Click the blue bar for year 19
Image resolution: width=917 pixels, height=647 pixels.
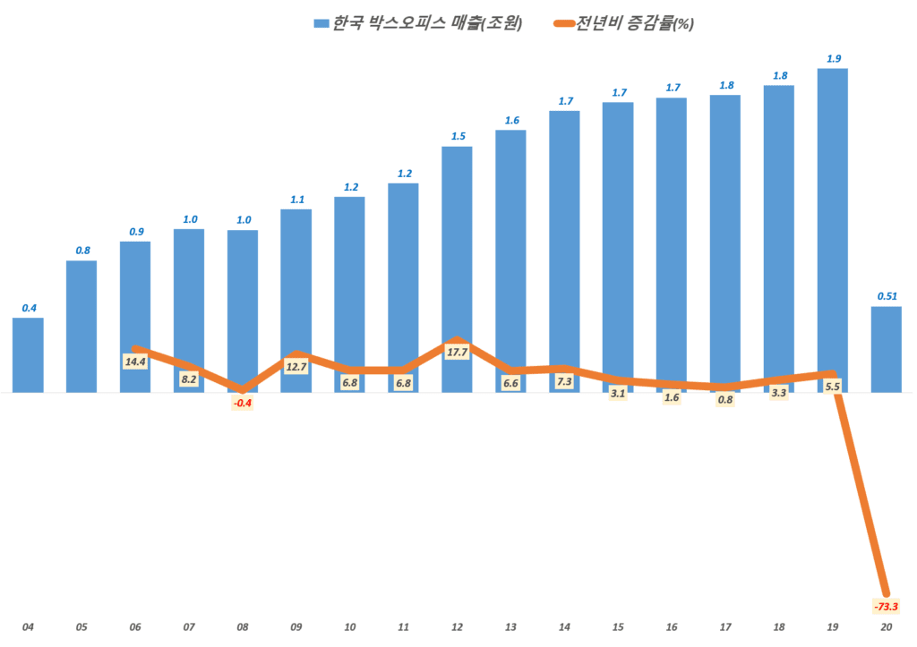point(832,224)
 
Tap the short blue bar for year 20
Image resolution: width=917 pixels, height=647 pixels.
point(886,349)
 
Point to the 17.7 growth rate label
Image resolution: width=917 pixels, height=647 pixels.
point(457,352)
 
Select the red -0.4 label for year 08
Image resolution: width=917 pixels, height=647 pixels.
point(242,403)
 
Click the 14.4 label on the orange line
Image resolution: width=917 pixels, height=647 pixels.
point(136,362)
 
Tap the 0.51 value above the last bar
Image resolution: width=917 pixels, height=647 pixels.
point(887,296)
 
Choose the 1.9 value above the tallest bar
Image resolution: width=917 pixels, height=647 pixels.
point(833,58)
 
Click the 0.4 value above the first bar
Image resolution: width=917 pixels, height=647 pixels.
point(29,308)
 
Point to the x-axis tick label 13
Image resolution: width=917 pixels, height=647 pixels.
point(510,626)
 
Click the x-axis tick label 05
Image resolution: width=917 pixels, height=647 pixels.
point(81,626)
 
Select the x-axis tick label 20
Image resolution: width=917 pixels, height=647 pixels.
point(886,626)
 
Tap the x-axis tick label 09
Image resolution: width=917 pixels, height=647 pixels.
point(296,626)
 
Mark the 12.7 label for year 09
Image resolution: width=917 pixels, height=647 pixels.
point(296,365)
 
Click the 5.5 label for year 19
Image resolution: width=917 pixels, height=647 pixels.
point(832,387)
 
